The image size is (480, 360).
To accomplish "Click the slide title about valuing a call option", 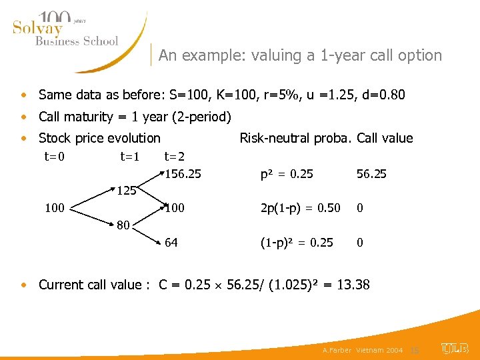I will (300, 55).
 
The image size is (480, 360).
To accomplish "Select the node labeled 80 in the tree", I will (123, 225).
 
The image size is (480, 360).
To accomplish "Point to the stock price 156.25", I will (183, 174).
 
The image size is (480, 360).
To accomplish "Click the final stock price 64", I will (171, 243).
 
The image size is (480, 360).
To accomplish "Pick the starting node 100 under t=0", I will (55, 209).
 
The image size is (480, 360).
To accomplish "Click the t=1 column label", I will (130, 157).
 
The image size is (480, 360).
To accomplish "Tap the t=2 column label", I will (175, 157).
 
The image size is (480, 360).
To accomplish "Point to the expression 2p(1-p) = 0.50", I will (301, 209).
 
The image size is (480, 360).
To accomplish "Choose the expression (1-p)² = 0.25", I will (297, 243).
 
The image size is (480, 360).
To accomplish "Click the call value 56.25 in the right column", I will (371, 174).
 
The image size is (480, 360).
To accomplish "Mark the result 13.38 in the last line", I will (353, 285).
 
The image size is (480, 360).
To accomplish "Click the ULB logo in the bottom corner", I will (455, 348).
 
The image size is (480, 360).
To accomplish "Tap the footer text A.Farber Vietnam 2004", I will (362, 350).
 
